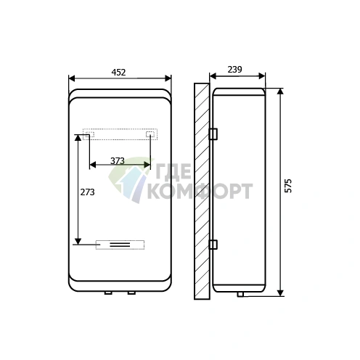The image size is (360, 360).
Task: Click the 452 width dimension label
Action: coord(118,72)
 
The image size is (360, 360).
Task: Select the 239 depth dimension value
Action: coord(234,70)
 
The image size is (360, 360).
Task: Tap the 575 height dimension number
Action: coord(288,186)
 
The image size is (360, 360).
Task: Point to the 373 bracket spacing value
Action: coord(118,161)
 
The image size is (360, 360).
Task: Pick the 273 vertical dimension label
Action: coord(87,192)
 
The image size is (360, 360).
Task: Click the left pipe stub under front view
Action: coord(108,293)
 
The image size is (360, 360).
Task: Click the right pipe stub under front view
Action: coord(131,293)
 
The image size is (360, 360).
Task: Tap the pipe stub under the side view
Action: coord(240,294)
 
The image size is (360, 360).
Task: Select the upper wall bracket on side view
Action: coord(213,134)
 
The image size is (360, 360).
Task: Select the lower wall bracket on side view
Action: coord(213,245)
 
